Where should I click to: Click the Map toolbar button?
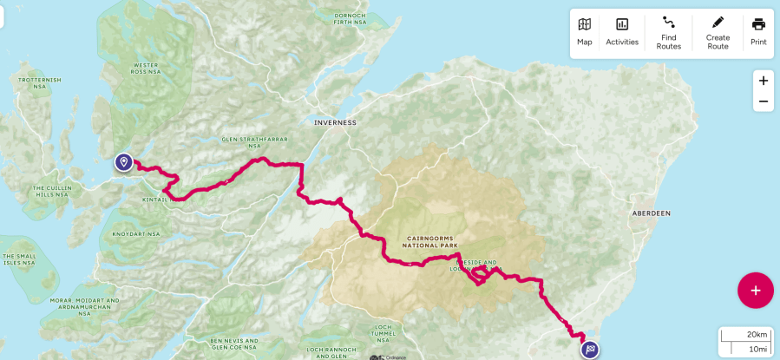(585, 32)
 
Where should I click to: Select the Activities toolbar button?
(622, 32)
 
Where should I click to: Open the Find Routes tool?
(668, 32)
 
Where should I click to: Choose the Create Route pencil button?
(718, 32)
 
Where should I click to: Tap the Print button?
(758, 32)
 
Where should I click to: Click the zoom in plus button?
(763, 81)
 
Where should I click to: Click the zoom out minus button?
(763, 101)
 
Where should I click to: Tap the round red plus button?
(755, 291)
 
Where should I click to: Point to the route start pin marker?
(124, 162)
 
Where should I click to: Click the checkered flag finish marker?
(591, 350)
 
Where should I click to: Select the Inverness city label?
(335, 123)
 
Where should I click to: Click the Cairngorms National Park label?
(429, 241)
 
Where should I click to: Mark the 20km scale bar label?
(757, 335)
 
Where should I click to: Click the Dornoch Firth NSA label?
(349, 17)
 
